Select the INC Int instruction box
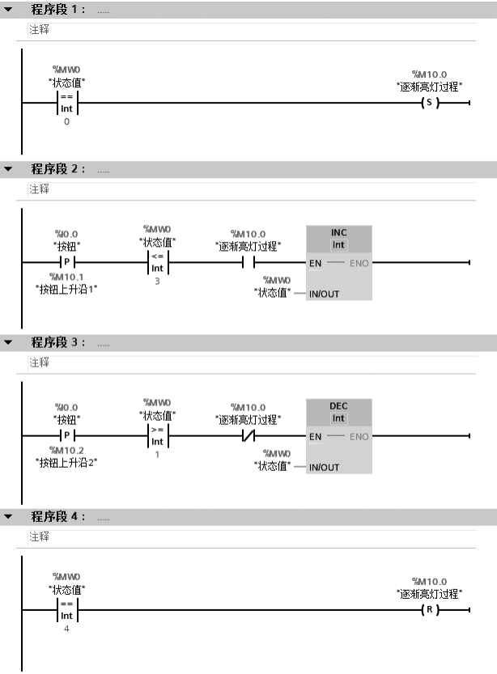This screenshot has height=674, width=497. point(338,263)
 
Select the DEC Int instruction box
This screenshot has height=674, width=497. point(338,436)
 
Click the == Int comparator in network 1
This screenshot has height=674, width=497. point(66,104)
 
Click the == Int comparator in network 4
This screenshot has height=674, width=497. point(66,608)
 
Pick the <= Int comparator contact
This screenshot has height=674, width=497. point(157,262)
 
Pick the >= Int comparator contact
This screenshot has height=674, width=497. point(157,436)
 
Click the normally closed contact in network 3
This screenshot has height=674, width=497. point(248,436)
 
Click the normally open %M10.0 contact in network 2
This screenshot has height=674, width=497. point(248,262)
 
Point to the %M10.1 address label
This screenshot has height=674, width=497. point(66,278)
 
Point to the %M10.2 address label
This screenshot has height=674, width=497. point(66,451)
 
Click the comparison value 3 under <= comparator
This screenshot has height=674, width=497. point(157,281)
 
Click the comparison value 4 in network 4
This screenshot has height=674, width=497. point(66,628)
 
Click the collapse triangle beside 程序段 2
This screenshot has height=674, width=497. point(10,170)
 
